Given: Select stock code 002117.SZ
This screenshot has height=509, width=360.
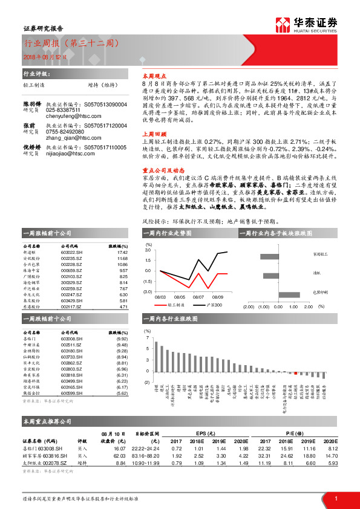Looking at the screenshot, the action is click(x=70, y=306).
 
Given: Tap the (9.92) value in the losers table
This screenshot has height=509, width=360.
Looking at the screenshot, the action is click(x=122, y=339).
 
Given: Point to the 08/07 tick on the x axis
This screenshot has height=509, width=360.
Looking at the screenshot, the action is click(x=198, y=297).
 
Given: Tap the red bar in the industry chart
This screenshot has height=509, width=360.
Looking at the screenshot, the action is click(x=295, y=373).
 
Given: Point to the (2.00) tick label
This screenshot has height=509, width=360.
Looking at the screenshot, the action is click(x=249, y=306).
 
